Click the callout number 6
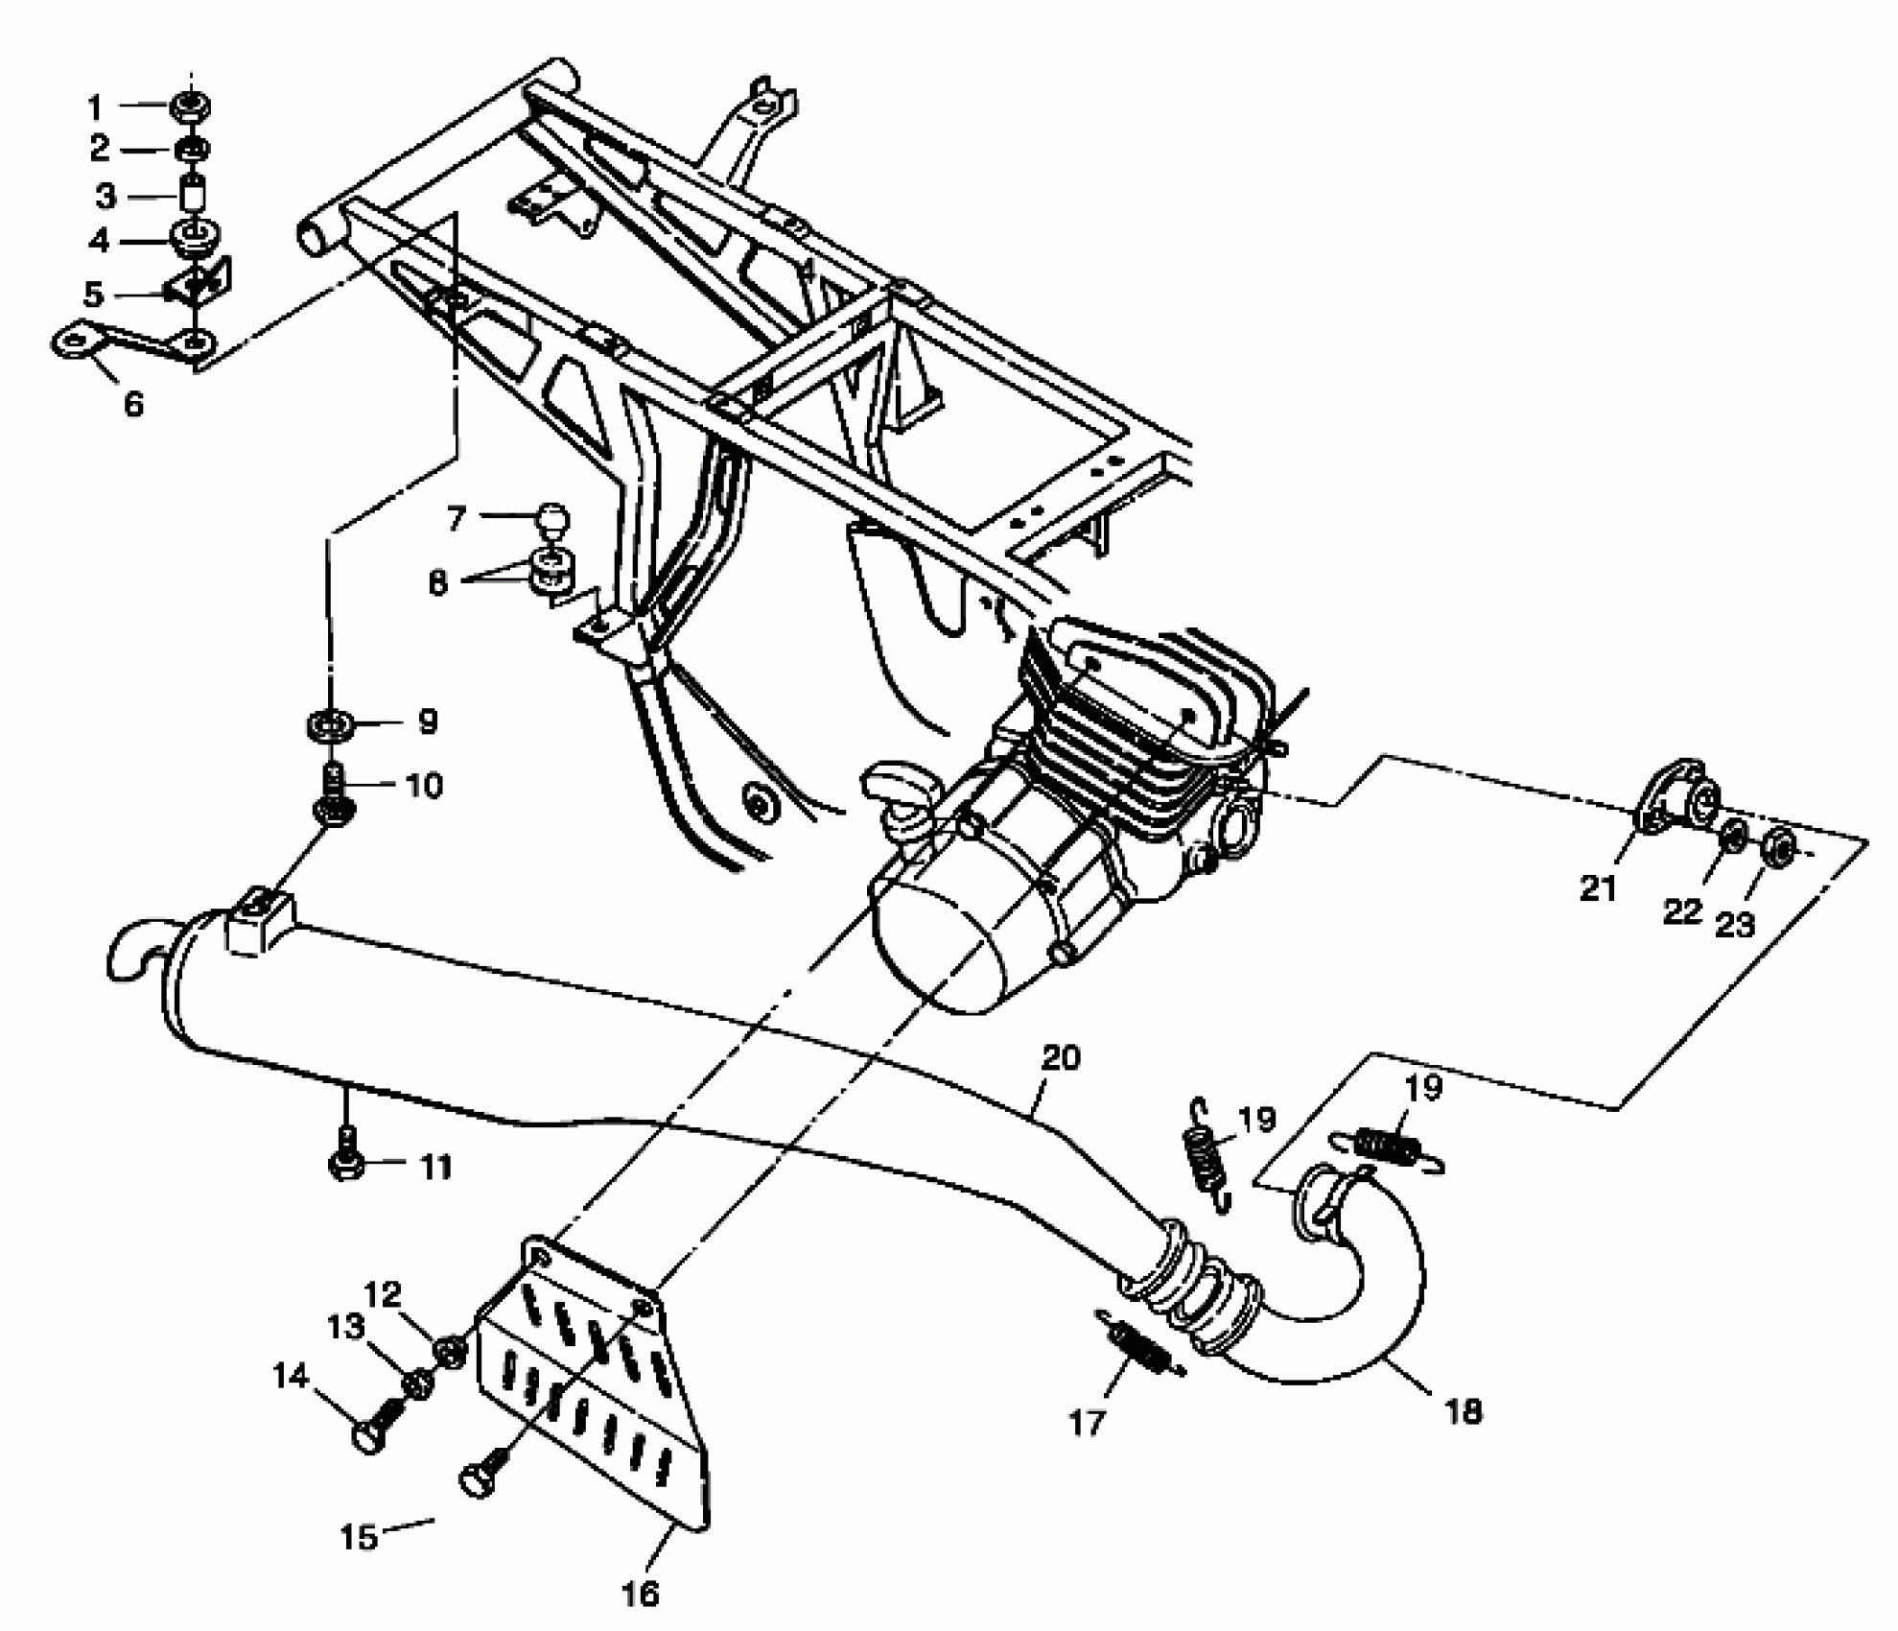133,404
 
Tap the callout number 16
641,1596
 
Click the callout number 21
1598,888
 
